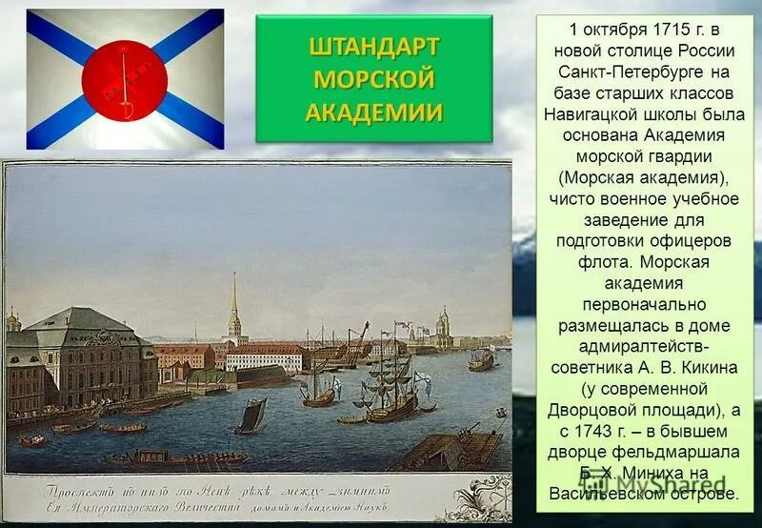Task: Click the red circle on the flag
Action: click(124, 79)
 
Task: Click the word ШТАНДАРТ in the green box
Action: click(373, 47)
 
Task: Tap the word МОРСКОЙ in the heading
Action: click(373, 78)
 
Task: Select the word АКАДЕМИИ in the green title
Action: click(373, 111)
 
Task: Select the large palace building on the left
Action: click(81, 357)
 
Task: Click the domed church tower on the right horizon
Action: click(443, 327)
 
